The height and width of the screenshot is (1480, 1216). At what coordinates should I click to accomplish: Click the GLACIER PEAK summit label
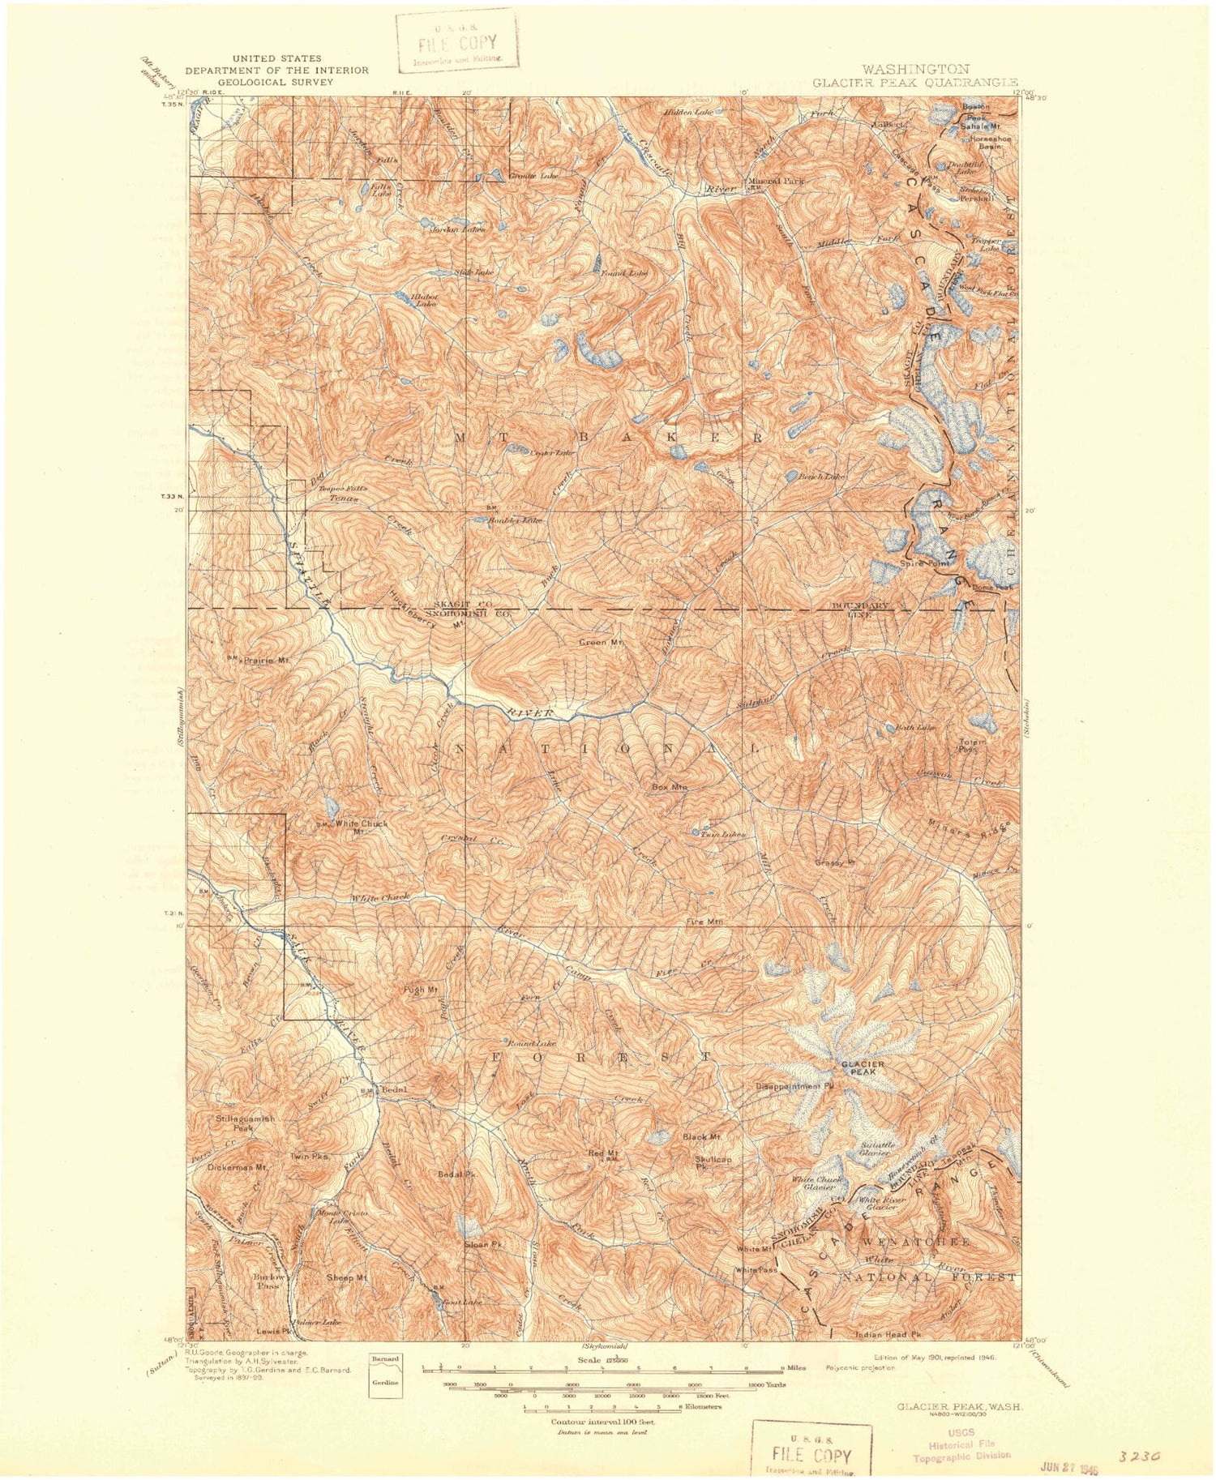[x=862, y=1067]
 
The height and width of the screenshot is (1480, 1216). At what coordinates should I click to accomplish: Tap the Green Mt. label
[x=601, y=643]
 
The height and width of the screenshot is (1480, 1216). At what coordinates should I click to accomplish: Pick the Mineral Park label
[x=776, y=182]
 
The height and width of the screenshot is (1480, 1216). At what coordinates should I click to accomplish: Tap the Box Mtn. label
[x=670, y=786]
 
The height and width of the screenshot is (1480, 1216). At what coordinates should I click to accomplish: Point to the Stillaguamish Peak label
[x=246, y=1123]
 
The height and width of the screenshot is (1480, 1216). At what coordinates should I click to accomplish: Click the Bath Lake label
[x=915, y=728]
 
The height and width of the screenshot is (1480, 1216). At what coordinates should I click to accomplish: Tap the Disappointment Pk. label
[x=795, y=1086]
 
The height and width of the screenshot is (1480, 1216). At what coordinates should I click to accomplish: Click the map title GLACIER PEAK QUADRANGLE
[x=915, y=82]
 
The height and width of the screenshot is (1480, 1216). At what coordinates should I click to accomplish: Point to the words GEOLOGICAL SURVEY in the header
[x=276, y=82]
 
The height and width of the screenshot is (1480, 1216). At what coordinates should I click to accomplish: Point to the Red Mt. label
[x=604, y=1153]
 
